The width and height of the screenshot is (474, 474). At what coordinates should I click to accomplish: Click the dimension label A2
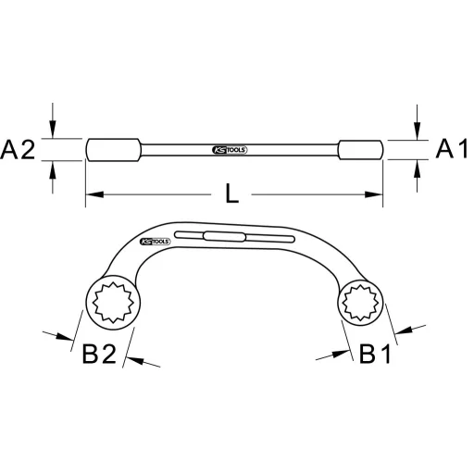click(x=20, y=149)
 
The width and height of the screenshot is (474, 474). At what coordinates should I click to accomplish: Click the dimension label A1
click(x=450, y=149)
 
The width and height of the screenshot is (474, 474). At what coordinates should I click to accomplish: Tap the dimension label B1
click(x=379, y=355)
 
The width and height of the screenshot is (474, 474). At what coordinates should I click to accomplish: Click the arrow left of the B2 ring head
click(x=68, y=337)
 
